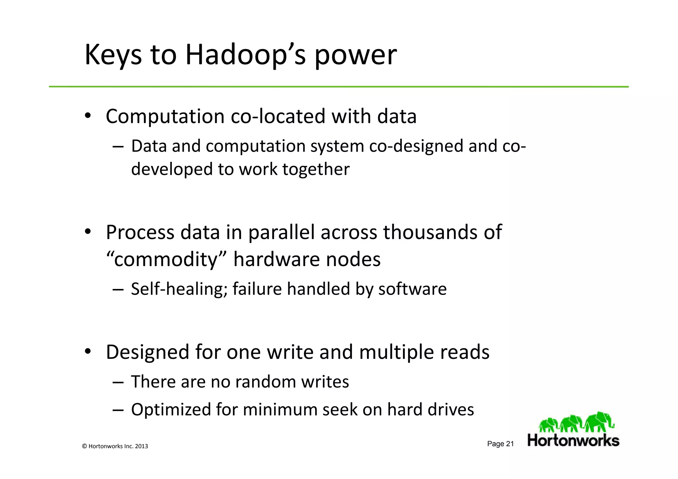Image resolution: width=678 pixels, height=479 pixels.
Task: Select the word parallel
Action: pyautogui.click(x=281, y=232)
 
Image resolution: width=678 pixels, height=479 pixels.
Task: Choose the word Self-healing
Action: pyautogui.click(x=179, y=289)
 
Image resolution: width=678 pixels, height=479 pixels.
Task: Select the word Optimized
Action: pyautogui.click(x=171, y=409)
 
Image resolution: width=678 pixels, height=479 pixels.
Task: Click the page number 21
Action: pyautogui.click(x=510, y=444)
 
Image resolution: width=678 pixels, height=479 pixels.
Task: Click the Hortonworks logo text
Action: pyautogui.click(x=573, y=441)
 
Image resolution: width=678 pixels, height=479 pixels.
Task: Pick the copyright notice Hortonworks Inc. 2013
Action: pyautogui.click(x=115, y=446)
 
